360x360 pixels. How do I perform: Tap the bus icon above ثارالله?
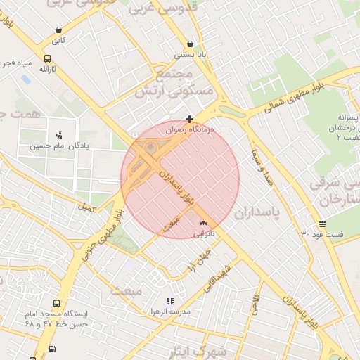(x=47, y=59)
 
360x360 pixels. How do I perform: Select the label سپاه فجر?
(x=17, y=63)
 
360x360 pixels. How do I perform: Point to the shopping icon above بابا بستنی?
(x=191, y=44)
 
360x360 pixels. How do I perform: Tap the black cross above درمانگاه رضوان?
(x=189, y=119)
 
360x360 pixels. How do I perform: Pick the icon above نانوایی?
(x=203, y=223)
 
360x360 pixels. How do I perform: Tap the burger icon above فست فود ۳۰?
(x=322, y=224)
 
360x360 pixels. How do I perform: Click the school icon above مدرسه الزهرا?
(x=170, y=301)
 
